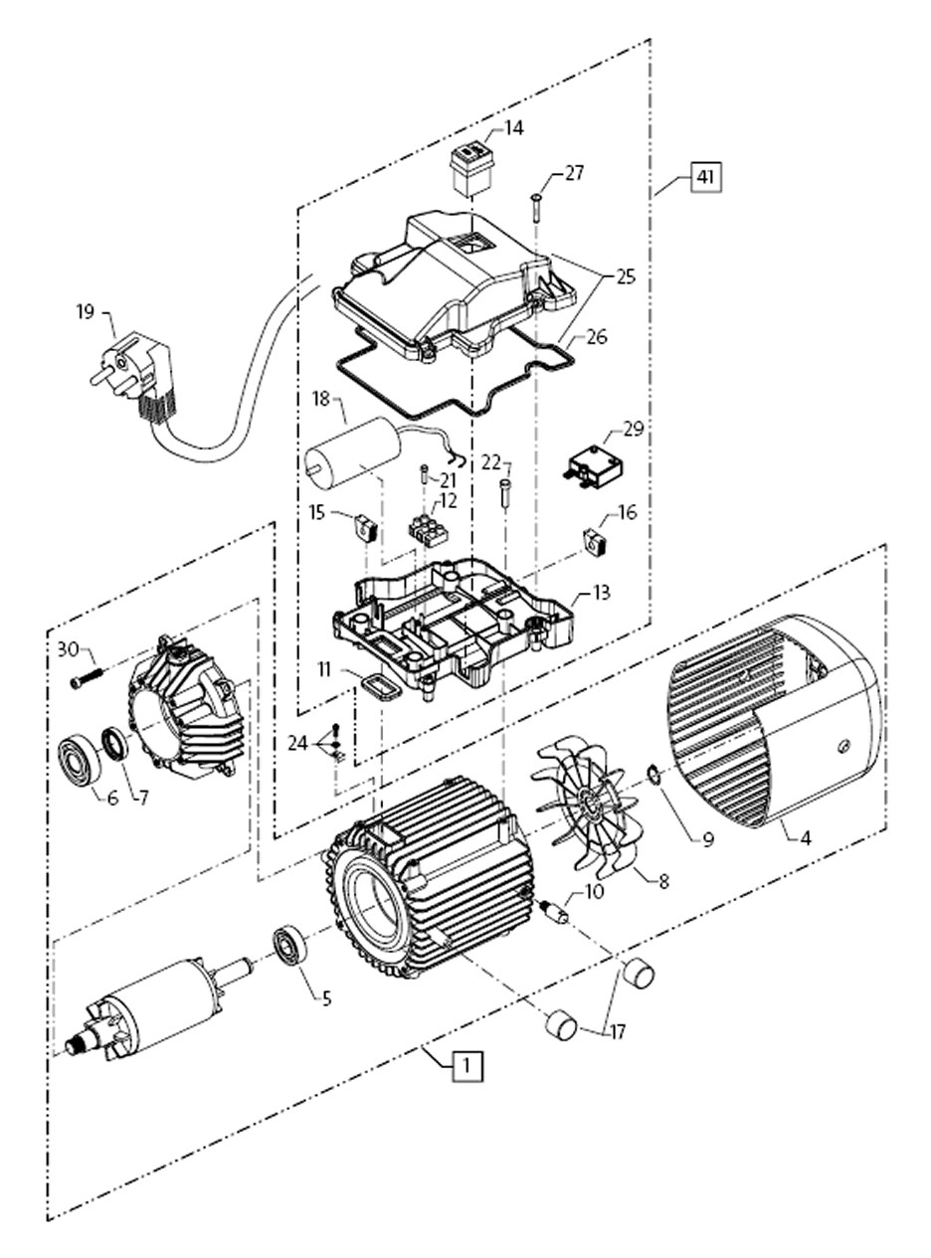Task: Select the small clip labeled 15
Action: [x=365, y=526]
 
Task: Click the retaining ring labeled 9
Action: [x=654, y=773]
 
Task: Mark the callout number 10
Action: [x=594, y=891]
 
